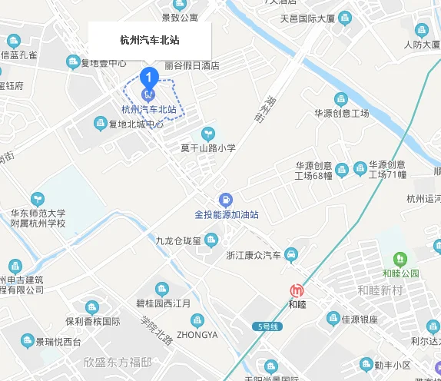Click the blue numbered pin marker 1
[x=148, y=77]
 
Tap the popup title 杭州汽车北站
[x=149, y=40]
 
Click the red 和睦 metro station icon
[x=296, y=290]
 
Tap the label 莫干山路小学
[x=207, y=148]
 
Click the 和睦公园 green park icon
[x=400, y=259]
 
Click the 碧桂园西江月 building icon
[x=162, y=289]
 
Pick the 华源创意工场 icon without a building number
[x=341, y=99]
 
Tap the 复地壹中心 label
[x=104, y=63]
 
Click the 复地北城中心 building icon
[x=100, y=123]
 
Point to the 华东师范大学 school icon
[x=36, y=200]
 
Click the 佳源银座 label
[x=360, y=319]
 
